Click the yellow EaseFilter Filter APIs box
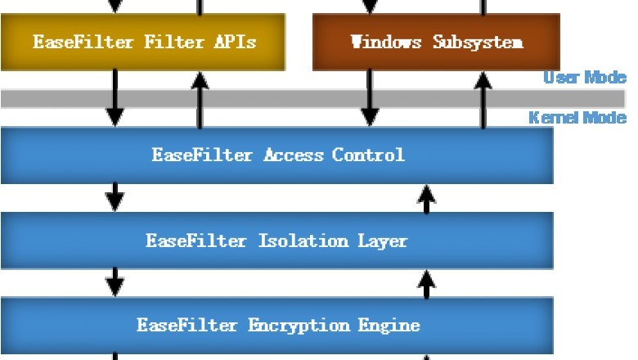[143, 41]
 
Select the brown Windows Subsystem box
[437, 41]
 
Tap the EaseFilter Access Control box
[277, 155]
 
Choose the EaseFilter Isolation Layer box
[277, 241]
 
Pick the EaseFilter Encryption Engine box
[277, 325]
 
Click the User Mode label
[584, 78]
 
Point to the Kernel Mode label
[577, 118]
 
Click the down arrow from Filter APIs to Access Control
[115, 98]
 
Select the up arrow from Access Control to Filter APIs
[198, 98]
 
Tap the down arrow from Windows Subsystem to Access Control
[370, 98]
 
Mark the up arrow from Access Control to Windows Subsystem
[483, 98]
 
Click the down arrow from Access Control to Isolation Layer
[115, 197]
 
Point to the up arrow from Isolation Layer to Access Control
[425, 197]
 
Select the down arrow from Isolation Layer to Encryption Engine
[115, 282]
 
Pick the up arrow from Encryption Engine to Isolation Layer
[425, 282]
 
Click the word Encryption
[299, 325]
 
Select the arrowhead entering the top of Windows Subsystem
[370, 7]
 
